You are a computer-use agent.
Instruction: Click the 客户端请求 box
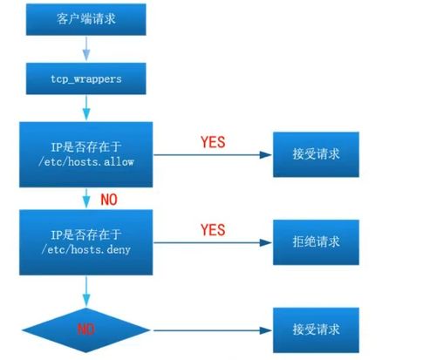[x=86, y=19]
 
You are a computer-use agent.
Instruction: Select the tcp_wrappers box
[x=86, y=78]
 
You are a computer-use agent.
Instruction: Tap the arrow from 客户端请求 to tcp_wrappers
[x=86, y=48]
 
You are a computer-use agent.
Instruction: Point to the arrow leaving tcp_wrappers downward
[x=86, y=108]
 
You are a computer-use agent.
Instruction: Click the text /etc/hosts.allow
[x=86, y=161]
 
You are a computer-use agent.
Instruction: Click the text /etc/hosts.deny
[x=86, y=249]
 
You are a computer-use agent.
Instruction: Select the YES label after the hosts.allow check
[x=213, y=142]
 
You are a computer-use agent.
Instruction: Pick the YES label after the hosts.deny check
[x=213, y=230]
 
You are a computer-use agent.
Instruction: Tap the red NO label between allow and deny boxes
[x=109, y=200]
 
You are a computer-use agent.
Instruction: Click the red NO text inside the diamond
[x=86, y=329]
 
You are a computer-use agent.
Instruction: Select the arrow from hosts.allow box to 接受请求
[x=213, y=155]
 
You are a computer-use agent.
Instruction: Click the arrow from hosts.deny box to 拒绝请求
[x=213, y=242]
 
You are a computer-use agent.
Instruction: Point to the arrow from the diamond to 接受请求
[x=213, y=330]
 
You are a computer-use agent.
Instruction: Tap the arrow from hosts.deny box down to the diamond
[x=86, y=291]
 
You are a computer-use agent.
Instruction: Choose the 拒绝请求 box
[x=316, y=242]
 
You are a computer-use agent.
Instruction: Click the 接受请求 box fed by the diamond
[x=316, y=330]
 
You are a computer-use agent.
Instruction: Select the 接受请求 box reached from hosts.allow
[x=316, y=154]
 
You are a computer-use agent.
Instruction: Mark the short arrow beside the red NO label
[x=86, y=199]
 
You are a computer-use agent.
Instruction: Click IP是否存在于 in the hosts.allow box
[x=86, y=146]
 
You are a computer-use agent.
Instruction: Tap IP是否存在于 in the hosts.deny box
[x=86, y=234]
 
